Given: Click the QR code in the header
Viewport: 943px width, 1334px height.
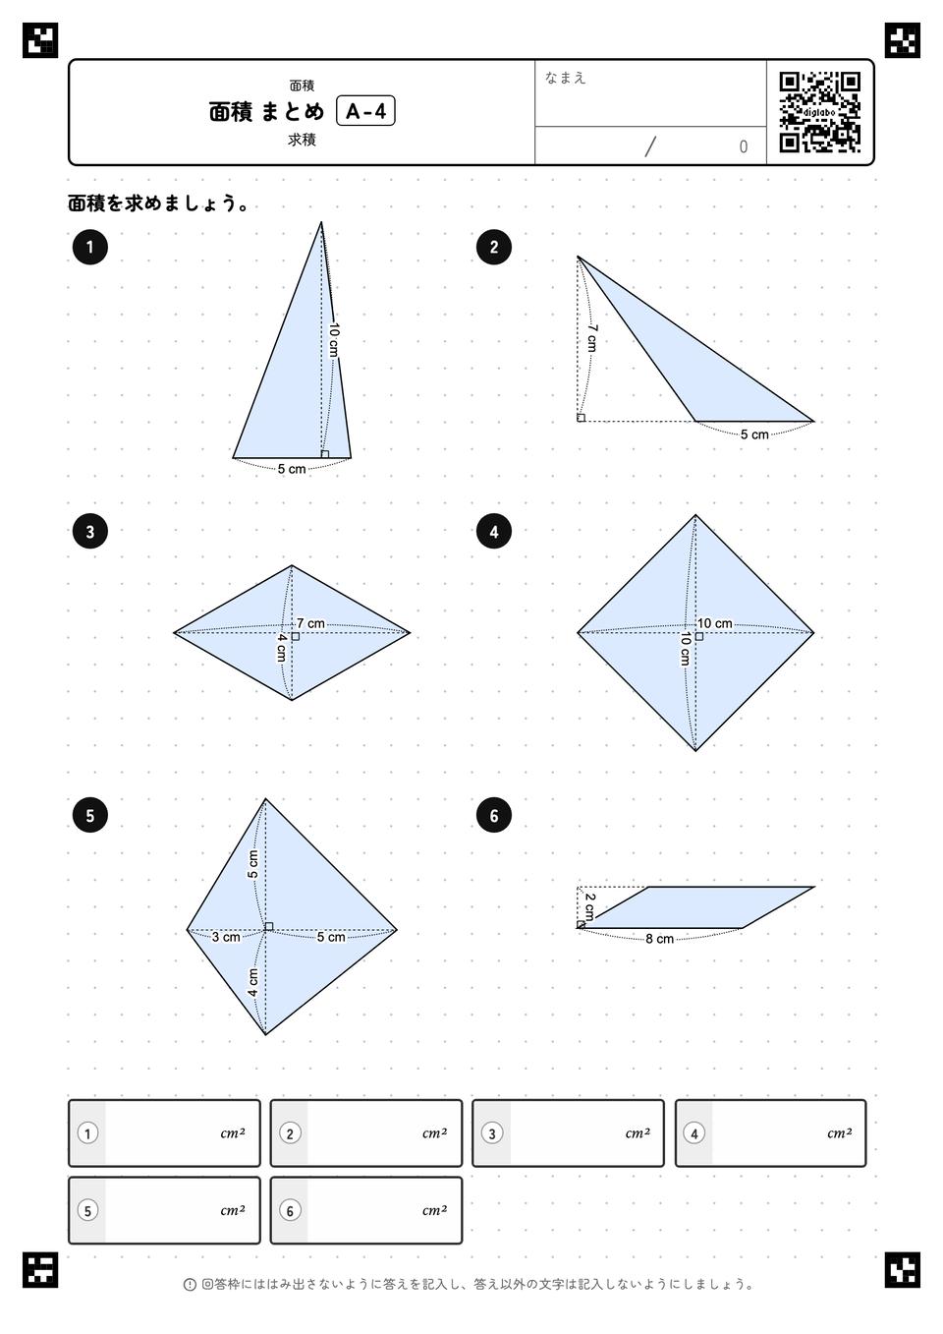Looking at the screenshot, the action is tap(819, 111).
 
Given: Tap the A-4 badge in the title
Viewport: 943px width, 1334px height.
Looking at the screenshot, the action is tap(365, 111).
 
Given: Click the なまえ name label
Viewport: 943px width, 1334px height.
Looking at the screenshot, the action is tap(565, 78).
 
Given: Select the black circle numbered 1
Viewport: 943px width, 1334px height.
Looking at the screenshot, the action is tap(89, 247).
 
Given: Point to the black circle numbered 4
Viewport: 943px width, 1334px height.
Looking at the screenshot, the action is tap(494, 531).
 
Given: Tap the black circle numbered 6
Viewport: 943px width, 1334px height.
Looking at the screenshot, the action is tap(494, 815).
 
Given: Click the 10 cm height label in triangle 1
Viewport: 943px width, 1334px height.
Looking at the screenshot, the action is tap(334, 339).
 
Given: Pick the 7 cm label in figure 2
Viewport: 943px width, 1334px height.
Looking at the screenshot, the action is tap(591, 337).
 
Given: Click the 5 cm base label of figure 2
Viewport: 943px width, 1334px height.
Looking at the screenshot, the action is tap(754, 435).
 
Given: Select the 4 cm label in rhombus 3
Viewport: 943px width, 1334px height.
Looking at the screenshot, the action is tap(281, 648).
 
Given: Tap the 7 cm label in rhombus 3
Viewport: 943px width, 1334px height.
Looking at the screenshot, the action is tap(310, 623).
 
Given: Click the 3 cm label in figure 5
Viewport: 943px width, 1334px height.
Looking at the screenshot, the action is tap(226, 937).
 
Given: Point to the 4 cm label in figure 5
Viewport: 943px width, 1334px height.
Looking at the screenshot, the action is tap(252, 983).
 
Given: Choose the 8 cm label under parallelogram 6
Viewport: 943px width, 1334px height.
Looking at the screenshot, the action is tap(660, 939).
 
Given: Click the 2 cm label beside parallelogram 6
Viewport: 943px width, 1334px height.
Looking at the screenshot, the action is tap(589, 905).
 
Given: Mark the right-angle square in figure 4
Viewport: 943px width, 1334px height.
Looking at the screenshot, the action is tap(699, 637).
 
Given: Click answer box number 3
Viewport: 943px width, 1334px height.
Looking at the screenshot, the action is tap(568, 1132).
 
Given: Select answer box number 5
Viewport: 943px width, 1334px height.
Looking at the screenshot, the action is tap(164, 1210).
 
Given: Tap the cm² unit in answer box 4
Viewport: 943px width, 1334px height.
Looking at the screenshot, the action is tap(840, 1132).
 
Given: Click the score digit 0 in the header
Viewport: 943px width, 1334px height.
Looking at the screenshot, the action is tap(743, 146).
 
